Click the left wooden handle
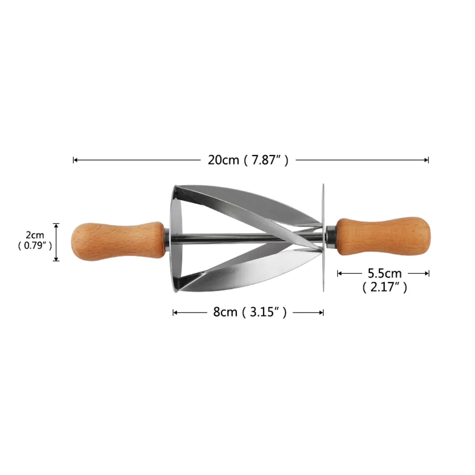coord(116,240)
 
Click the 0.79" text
coord(34,246)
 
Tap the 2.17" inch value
coord(385,288)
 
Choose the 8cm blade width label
coord(226,312)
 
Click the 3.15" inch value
coord(267,312)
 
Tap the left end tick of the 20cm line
coord(74,160)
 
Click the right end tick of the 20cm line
coord(428,160)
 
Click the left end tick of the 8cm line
coord(173,312)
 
